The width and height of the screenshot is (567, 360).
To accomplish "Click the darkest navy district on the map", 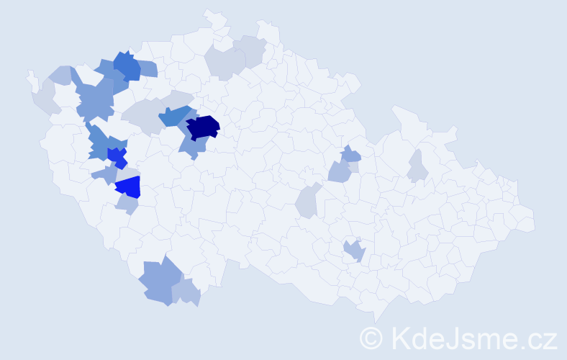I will (203, 125).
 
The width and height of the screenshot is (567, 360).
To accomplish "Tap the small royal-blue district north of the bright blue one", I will (117, 156).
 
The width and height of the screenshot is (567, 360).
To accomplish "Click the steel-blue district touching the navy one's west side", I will (175, 115).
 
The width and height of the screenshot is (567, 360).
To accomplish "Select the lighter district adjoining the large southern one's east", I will (186, 291).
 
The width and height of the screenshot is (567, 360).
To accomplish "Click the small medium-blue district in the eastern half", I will (350, 153).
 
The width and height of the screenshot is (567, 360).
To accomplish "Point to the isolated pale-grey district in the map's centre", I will (307, 201).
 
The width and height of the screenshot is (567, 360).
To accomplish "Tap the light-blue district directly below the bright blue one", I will (127, 204).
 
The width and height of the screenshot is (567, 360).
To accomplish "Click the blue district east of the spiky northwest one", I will (147, 68).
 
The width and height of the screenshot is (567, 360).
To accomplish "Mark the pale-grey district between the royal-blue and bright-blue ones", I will (127, 172).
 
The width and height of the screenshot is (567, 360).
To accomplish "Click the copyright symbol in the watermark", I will (371, 338).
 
